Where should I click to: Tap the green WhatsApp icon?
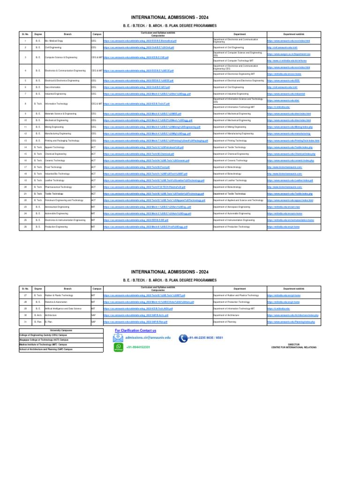point(118,347)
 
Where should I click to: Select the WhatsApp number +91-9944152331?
point(138,347)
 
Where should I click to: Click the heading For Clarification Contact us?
point(135,330)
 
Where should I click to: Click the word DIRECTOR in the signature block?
point(294,344)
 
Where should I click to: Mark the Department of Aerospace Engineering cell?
point(232,207)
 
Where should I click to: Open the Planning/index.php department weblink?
point(294,322)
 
